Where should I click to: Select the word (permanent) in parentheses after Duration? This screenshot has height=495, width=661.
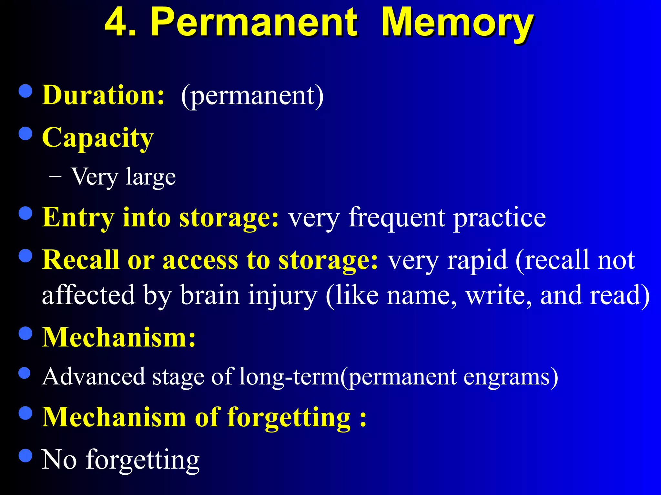[x=252, y=96]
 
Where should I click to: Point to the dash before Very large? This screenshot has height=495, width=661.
[x=56, y=177]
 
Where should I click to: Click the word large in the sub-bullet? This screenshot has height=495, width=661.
[x=151, y=178]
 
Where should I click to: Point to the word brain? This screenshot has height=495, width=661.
[x=210, y=295]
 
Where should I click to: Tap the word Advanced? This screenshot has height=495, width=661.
[x=94, y=376]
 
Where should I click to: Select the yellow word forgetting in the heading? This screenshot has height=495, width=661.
[x=289, y=418]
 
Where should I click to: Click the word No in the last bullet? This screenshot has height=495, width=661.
[x=59, y=460]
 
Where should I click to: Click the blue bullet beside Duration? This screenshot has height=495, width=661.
[x=25, y=91]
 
